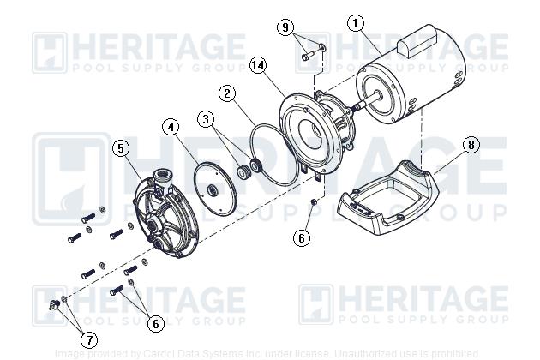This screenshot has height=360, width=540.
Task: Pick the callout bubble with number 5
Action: (x=122, y=148)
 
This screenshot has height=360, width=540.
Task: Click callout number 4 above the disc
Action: (x=172, y=128)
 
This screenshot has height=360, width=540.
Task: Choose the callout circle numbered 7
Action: (x=88, y=339)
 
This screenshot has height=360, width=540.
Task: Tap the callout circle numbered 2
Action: (x=227, y=93)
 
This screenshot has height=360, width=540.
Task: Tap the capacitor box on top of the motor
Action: (x=427, y=41)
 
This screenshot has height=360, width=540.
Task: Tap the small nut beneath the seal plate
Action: (x=314, y=201)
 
